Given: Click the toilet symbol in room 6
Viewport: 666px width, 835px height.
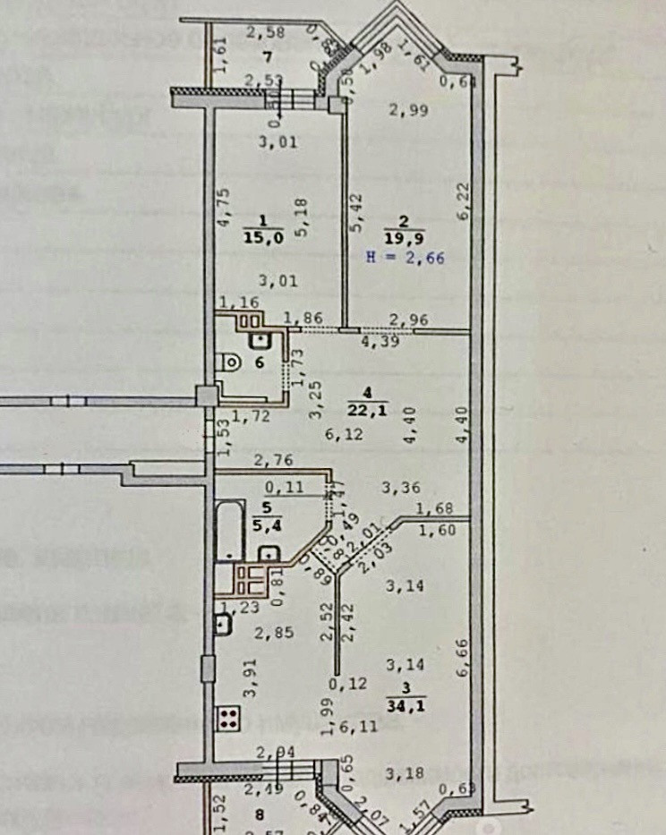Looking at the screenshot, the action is click(x=231, y=364).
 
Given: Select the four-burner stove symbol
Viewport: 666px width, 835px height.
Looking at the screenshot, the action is click(x=229, y=717).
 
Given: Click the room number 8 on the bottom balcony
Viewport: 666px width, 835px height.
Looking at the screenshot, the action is click(x=260, y=814).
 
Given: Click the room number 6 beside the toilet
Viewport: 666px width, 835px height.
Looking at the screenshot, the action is click(x=258, y=362).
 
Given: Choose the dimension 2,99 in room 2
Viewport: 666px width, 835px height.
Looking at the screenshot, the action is click(x=406, y=111).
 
